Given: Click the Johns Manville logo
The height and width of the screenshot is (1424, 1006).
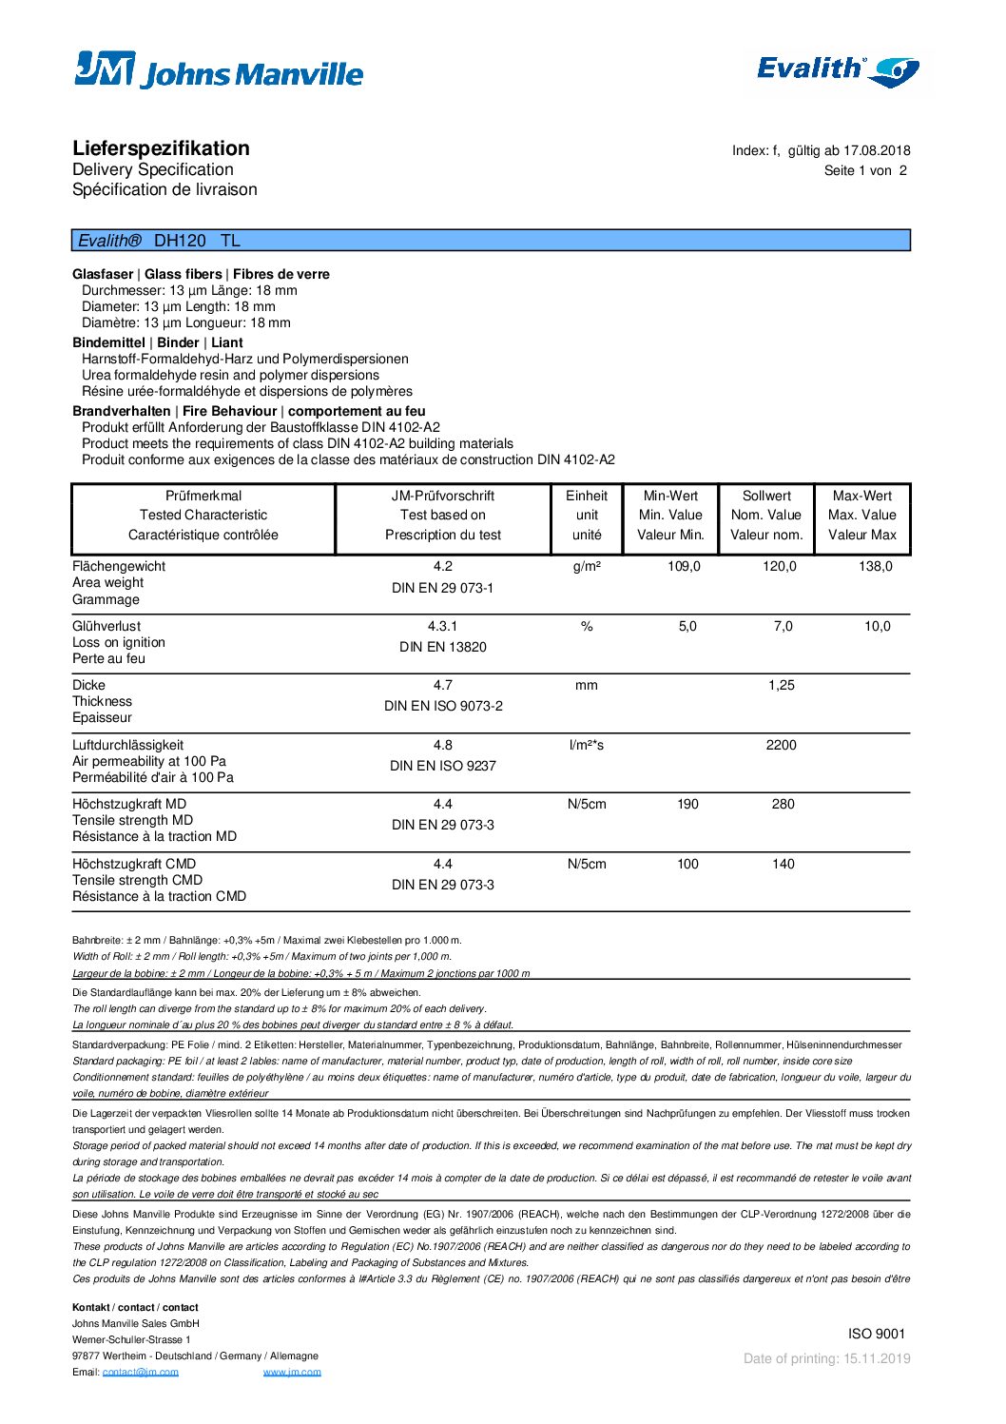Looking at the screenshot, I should coord(219,70).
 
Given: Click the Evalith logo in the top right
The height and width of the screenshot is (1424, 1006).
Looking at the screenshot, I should coord(837,69).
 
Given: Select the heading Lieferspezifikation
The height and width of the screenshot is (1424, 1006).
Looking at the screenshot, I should coord(161,148).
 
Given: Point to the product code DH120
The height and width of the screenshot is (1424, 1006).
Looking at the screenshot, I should coord(180,241).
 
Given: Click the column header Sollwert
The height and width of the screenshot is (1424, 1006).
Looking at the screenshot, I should coord(766,496).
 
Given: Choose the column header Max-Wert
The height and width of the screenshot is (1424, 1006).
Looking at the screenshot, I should coord(862,496).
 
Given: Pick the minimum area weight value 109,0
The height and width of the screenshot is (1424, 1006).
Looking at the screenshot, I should coord(684,566).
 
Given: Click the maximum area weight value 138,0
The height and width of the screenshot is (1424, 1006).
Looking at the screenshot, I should coord(876,566).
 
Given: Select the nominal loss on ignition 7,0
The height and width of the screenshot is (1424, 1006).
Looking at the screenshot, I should coord(783,626).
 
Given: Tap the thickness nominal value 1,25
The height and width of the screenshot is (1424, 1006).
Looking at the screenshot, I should coord(782,685).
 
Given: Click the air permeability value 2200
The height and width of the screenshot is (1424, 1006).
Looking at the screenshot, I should coord(781,745).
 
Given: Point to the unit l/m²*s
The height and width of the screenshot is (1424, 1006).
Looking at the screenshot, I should coord(587,745).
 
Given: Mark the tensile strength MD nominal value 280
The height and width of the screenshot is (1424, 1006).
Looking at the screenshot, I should coord(783,804).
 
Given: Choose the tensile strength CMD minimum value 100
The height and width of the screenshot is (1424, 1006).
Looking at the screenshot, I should coord(687,864).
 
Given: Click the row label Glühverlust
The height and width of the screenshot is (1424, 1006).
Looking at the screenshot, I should coord(106,626).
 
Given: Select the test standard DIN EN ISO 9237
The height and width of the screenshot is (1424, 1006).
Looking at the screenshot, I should coord(443,766).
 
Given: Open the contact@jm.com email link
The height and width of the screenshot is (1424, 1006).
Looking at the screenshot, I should coord(141,1372).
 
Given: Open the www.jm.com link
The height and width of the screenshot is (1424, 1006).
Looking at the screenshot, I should coord(292,1372).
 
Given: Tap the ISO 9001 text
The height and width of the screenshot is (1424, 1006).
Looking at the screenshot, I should coord(877,1334).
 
